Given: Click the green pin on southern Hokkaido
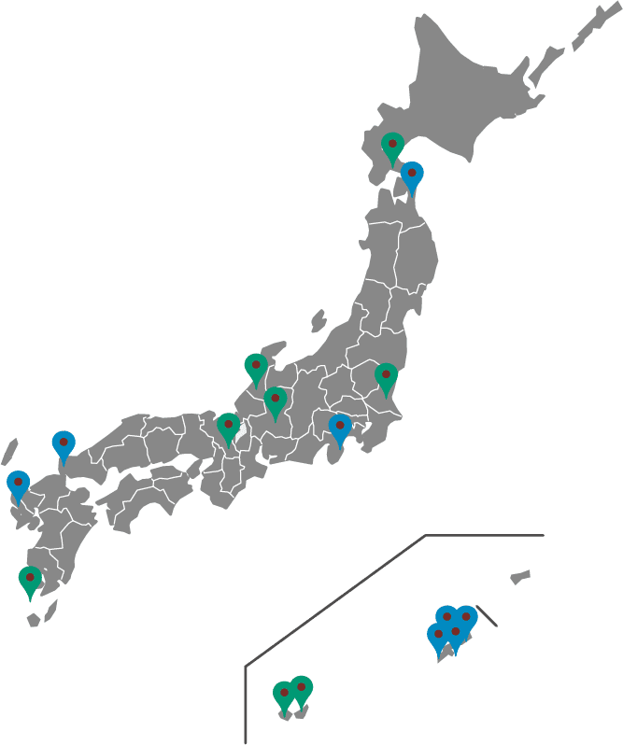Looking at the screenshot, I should tap(392, 147).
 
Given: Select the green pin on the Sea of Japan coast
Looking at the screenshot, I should tap(256, 368).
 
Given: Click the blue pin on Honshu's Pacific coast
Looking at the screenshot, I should tap(339, 429).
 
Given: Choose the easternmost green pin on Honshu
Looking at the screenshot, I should tap(386, 377).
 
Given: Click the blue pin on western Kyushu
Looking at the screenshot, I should tap(18, 485).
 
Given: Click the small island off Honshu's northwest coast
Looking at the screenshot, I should tap(318, 320).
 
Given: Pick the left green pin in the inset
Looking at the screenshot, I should tap(284, 696).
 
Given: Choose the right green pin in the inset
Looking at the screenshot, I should tap(301, 690).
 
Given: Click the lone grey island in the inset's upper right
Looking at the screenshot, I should tap(520, 577).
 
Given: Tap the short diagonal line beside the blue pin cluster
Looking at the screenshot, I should tap(486, 616).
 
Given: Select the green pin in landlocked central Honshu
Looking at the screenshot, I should tap(275, 402).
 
